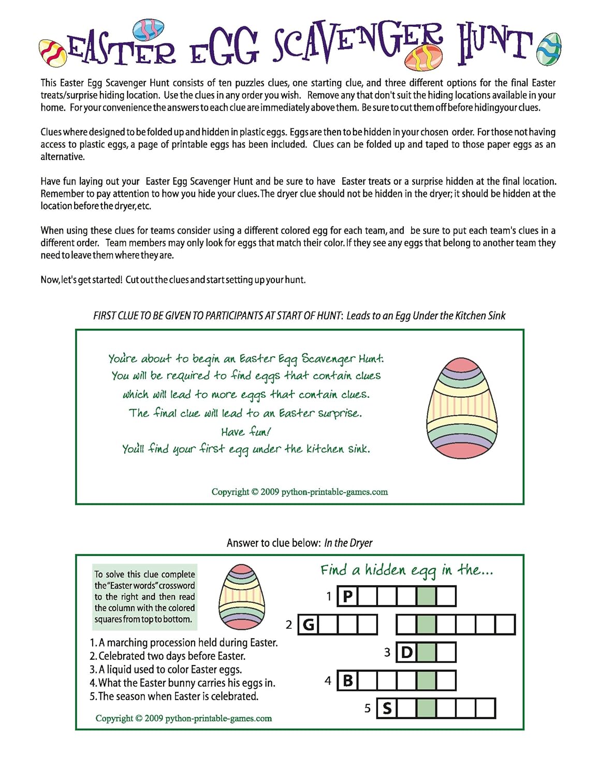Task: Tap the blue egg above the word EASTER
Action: pyautogui.click(x=149, y=30)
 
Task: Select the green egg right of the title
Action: pyautogui.click(x=549, y=49)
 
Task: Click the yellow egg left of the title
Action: pyautogui.click(x=53, y=53)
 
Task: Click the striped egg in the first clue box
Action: pyautogui.click(x=462, y=408)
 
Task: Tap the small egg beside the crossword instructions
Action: pyautogui.click(x=242, y=596)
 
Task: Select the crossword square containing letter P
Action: pyautogui.click(x=347, y=596)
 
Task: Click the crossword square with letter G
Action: pyautogui.click(x=308, y=625)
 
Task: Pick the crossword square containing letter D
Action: pyautogui.click(x=407, y=652)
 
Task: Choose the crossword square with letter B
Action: pyautogui.click(x=347, y=681)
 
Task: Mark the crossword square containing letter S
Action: pyautogui.click(x=387, y=709)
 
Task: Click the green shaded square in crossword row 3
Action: pyautogui.click(x=426, y=652)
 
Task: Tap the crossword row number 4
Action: pyautogui.click(x=328, y=681)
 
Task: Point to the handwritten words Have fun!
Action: pyautogui.click(x=246, y=431)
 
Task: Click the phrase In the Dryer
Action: pyautogui.click(x=348, y=543)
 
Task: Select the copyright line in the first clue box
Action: pyautogui.click(x=299, y=492)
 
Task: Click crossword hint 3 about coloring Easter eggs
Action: pyautogui.click(x=166, y=669)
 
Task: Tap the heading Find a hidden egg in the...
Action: pyautogui.click(x=406, y=570)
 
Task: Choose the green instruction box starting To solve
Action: pyautogui.click(x=144, y=597)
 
